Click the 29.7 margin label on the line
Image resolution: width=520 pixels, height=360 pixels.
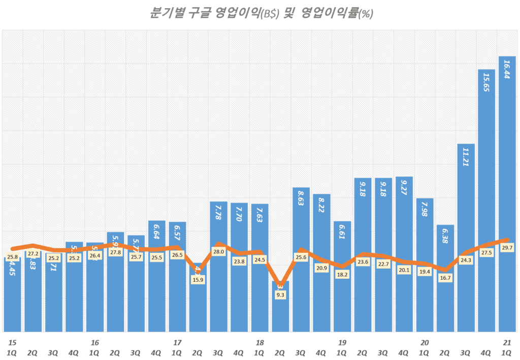[x=507, y=247]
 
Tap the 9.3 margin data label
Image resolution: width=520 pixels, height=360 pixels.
[x=280, y=294]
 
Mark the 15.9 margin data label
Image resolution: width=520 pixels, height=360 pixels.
[x=198, y=279]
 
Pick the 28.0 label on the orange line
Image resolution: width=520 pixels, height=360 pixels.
[x=218, y=252]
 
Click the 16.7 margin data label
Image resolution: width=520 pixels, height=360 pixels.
[x=445, y=278]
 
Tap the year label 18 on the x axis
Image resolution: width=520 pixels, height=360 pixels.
[x=259, y=343]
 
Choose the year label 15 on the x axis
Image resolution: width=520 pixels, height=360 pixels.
[x=12, y=343]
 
